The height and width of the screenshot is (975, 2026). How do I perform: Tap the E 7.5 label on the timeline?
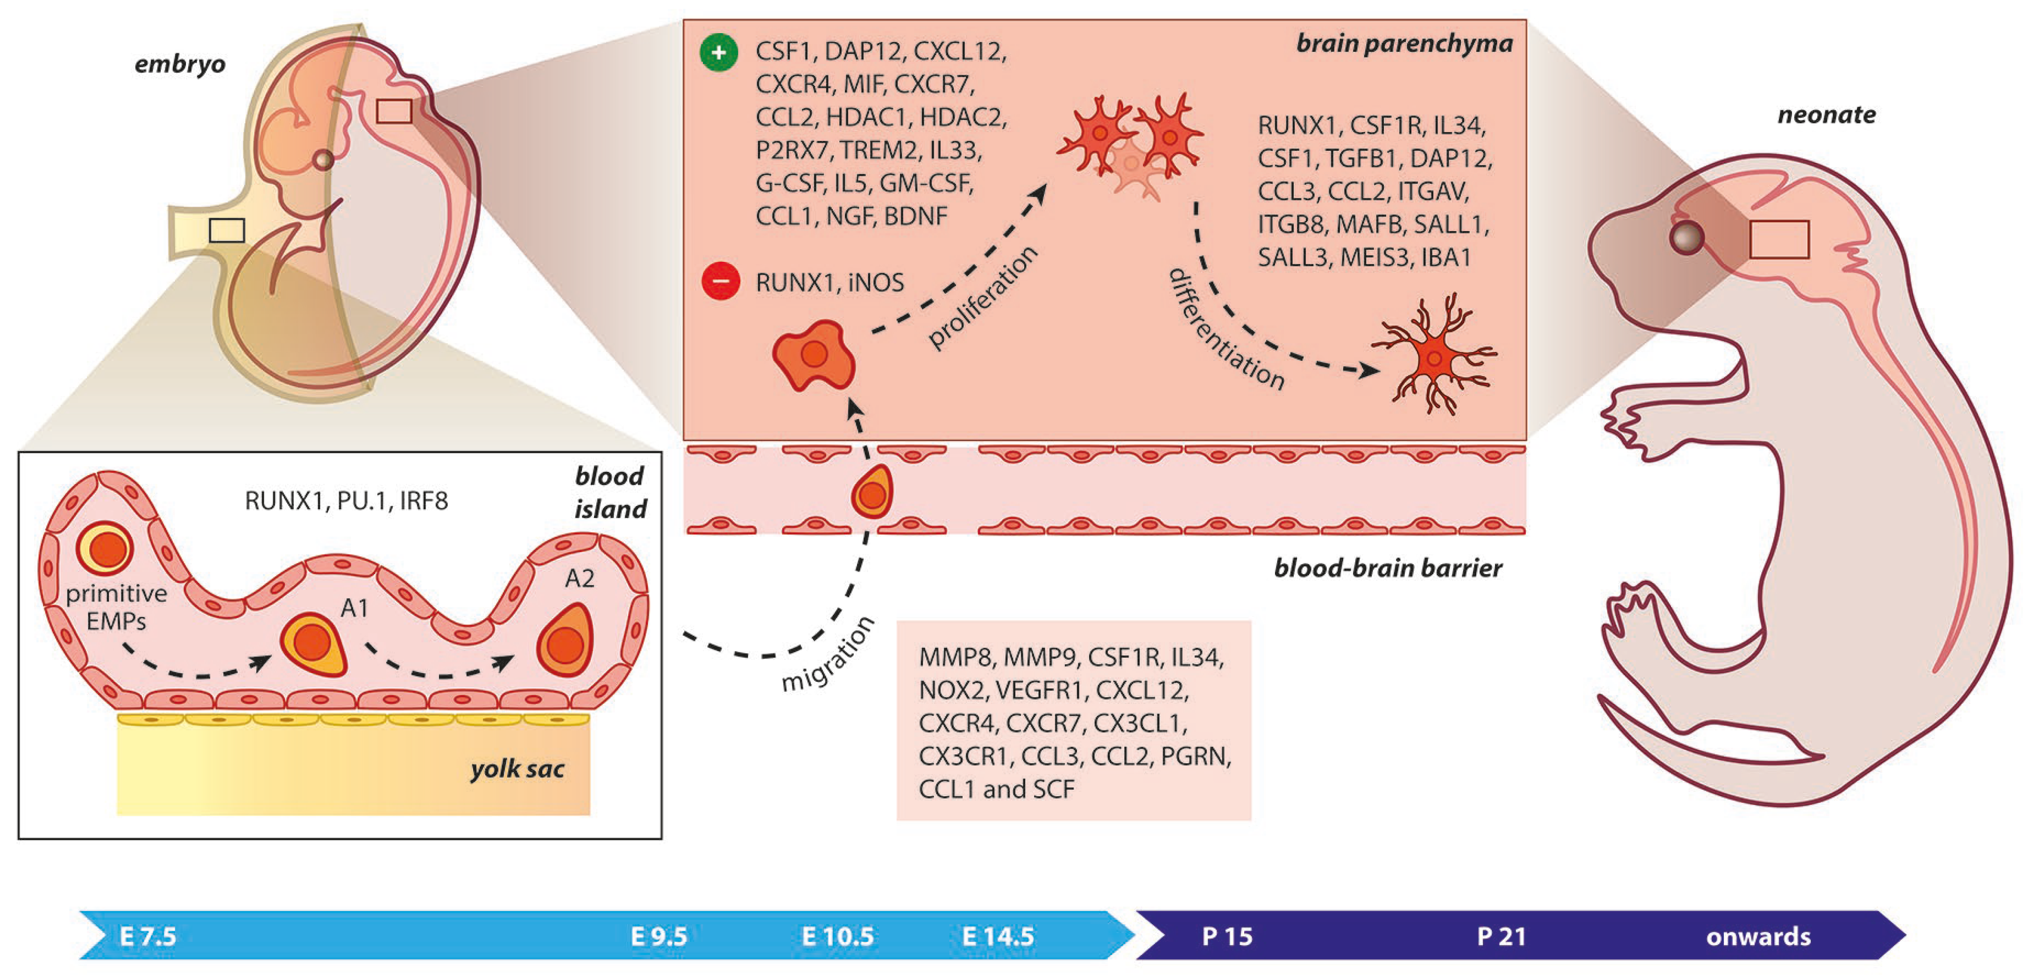(148, 936)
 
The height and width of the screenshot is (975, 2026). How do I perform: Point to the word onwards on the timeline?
(1758, 936)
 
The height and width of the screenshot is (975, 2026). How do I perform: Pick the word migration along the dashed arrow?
(828, 654)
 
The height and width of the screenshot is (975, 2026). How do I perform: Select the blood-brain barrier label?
(1388, 568)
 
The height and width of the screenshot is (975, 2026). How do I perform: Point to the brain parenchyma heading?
(1404, 44)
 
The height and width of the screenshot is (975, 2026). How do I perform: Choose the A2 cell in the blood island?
(564, 641)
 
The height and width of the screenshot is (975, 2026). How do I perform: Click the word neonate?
(1826, 115)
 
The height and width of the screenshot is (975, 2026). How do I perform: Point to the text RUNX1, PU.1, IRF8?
(346, 501)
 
